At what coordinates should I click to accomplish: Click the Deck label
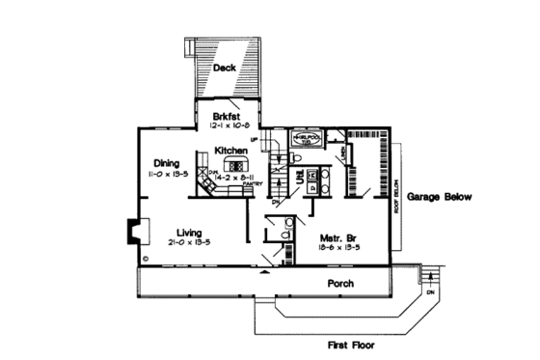224,68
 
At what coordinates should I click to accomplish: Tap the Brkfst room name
229,114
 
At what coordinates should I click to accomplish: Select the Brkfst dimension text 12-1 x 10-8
229,125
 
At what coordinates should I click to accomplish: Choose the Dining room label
168,162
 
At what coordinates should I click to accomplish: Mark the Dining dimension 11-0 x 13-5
167,175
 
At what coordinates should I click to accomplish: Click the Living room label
190,232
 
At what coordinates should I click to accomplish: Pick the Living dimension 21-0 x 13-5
190,244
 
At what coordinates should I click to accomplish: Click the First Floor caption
348,344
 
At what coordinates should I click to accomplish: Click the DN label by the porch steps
431,292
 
